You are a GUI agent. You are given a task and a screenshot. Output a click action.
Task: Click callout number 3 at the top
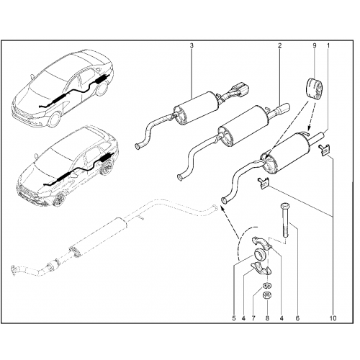pyautogui.click(x=192, y=45)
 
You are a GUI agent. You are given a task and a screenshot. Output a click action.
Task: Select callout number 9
pyautogui.click(x=315, y=45)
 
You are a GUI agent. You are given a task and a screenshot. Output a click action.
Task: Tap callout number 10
pyautogui.click(x=333, y=318)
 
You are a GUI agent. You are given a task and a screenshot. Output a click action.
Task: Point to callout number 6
pyautogui.click(x=297, y=318)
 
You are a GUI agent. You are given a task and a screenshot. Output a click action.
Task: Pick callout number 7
pyautogui.click(x=253, y=318)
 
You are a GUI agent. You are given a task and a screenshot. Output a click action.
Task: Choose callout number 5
pyautogui.click(x=234, y=318)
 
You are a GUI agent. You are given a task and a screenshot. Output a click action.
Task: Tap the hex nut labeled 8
pyautogui.click(x=267, y=294)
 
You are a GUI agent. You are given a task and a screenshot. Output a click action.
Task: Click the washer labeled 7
pyautogui.click(x=267, y=286)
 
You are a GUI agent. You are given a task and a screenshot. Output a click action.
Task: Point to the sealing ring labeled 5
pyautogui.click(x=260, y=254)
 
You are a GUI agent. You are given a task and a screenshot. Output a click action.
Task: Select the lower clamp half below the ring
pyautogui.click(x=261, y=269)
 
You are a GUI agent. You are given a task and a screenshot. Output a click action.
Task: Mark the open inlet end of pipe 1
pyautogui.click(x=224, y=200)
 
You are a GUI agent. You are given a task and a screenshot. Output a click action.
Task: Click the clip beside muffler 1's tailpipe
pyautogui.click(x=324, y=150)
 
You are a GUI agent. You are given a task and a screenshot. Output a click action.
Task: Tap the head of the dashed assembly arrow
pyautogui.click(x=222, y=210)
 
